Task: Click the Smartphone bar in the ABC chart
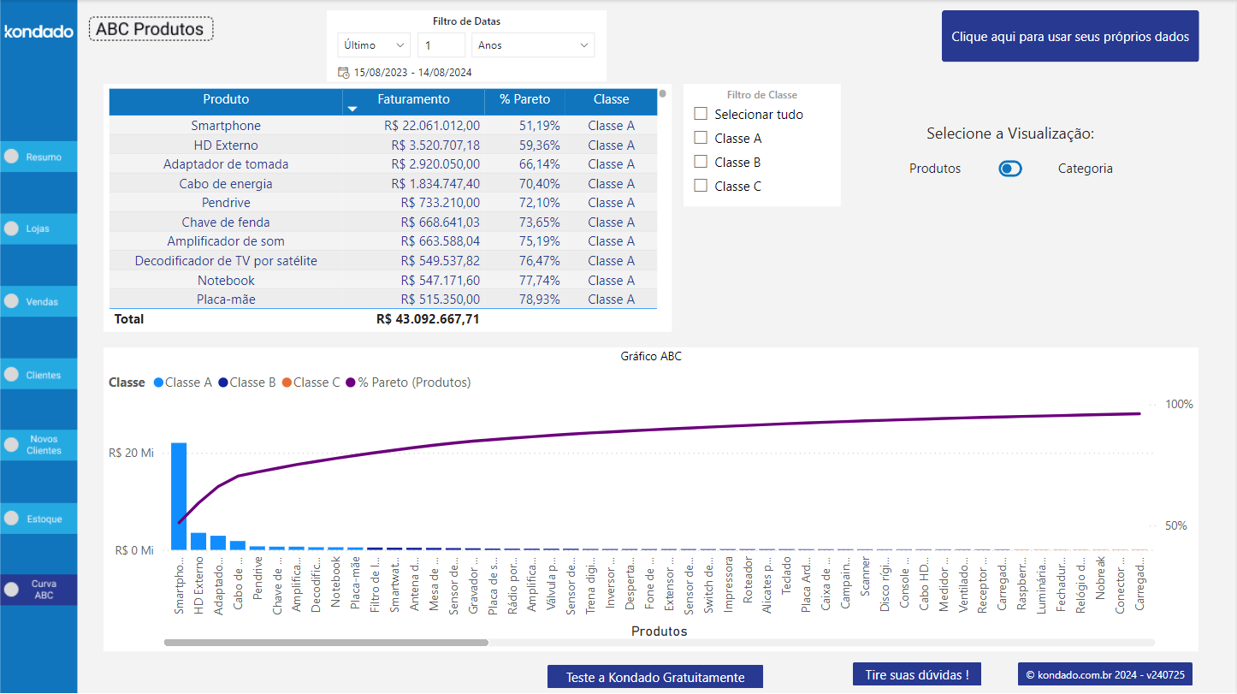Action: click(x=179, y=496)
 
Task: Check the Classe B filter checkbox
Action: click(x=701, y=162)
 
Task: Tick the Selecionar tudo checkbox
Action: click(x=701, y=114)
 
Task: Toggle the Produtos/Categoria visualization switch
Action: click(x=1010, y=169)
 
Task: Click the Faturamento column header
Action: click(x=413, y=99)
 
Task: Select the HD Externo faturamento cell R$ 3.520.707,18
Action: click(x=435, y=145)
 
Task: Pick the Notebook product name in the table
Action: click(x=226, y=281)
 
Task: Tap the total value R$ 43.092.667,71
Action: click(x=428, y=319)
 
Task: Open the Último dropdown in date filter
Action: click(x=374, y=45)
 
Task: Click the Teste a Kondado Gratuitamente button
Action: click(x=654, y=677)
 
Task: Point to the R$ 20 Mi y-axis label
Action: click(x=131, y=454)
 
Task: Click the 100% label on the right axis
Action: click(x=1179, y=404)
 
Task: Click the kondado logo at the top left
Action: click(x=38, y=32)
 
